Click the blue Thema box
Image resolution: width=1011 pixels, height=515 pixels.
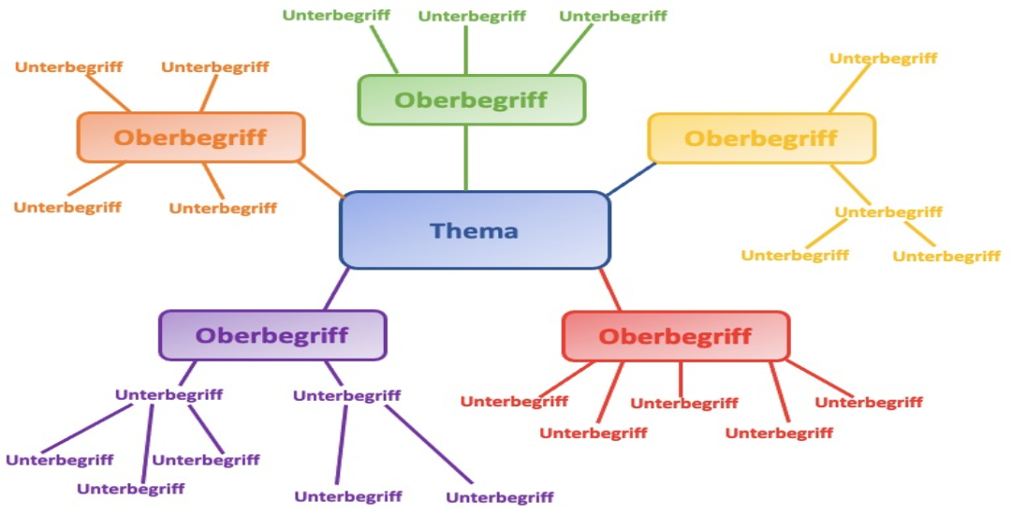(475, 230)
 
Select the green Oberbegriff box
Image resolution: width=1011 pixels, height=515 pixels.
(471, 100)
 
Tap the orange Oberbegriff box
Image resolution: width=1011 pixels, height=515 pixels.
(191, 138)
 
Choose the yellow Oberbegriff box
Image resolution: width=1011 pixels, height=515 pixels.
(761, 139)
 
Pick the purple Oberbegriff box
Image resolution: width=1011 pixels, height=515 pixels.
(271, 335)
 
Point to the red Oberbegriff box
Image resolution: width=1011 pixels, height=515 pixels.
(675, 336)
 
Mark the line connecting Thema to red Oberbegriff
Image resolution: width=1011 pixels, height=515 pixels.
(610, 290)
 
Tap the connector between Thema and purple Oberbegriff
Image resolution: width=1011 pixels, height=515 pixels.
(337, 289)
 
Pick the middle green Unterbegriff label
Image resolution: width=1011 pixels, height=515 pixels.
(472, 16)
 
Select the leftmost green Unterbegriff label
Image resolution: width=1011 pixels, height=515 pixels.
(336, 15)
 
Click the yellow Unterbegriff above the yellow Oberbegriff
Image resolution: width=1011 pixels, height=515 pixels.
(883, 58)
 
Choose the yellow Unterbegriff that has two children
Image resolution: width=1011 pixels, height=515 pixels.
(888, 212)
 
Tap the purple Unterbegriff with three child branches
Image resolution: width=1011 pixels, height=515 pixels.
(168, 394)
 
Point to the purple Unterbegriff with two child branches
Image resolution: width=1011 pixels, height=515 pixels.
(346, 395)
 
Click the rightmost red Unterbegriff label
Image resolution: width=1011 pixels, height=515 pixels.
(869, 402)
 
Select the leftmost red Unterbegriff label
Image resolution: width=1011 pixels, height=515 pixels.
(514, 401)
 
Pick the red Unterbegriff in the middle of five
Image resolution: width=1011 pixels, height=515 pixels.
(683, 403)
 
